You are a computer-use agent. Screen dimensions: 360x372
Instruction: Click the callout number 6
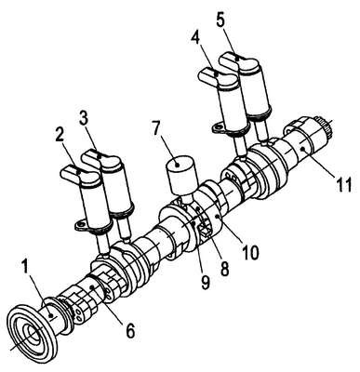130,331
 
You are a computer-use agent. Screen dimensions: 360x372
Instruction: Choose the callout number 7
157,127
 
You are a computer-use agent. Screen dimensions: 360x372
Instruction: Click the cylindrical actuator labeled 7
182,176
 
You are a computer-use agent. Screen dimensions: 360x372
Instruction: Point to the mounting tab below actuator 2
81,225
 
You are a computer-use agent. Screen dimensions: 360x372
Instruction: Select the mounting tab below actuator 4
219,127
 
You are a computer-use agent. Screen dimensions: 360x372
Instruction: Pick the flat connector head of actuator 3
102,159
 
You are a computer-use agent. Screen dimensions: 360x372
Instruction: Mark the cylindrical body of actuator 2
94,204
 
